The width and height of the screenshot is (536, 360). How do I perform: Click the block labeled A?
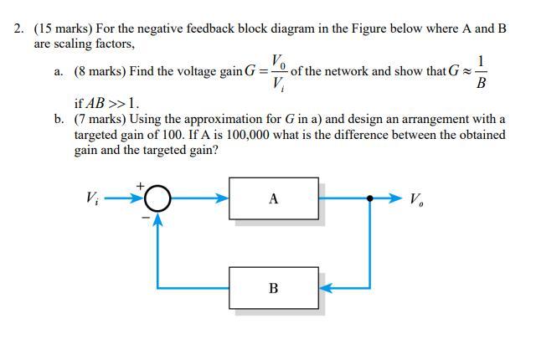pyautogui.click(x=273, y=198)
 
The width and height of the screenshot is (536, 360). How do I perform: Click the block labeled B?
pyautogui.click(x=273, y=288)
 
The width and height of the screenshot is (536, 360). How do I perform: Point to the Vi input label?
pyautogui.click(x=91, y=198)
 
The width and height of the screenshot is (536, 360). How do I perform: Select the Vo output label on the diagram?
pyautogui.click(x=416, y=199)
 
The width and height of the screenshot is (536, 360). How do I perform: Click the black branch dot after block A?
pyautogui.click(x=369, y=199)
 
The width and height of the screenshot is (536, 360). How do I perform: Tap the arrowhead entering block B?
pyautogui.click(x=325, y=288)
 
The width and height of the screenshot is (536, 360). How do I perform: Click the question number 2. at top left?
pyautogui.click(x=19, y=28)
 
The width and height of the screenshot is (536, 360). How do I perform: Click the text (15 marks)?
pyautogui.click(x=64, y=28)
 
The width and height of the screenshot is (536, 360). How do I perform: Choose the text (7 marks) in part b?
pyautogui.click(x=100, y=120)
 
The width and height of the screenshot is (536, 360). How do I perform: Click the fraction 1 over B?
pyautogui.click(x=480, y=72)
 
